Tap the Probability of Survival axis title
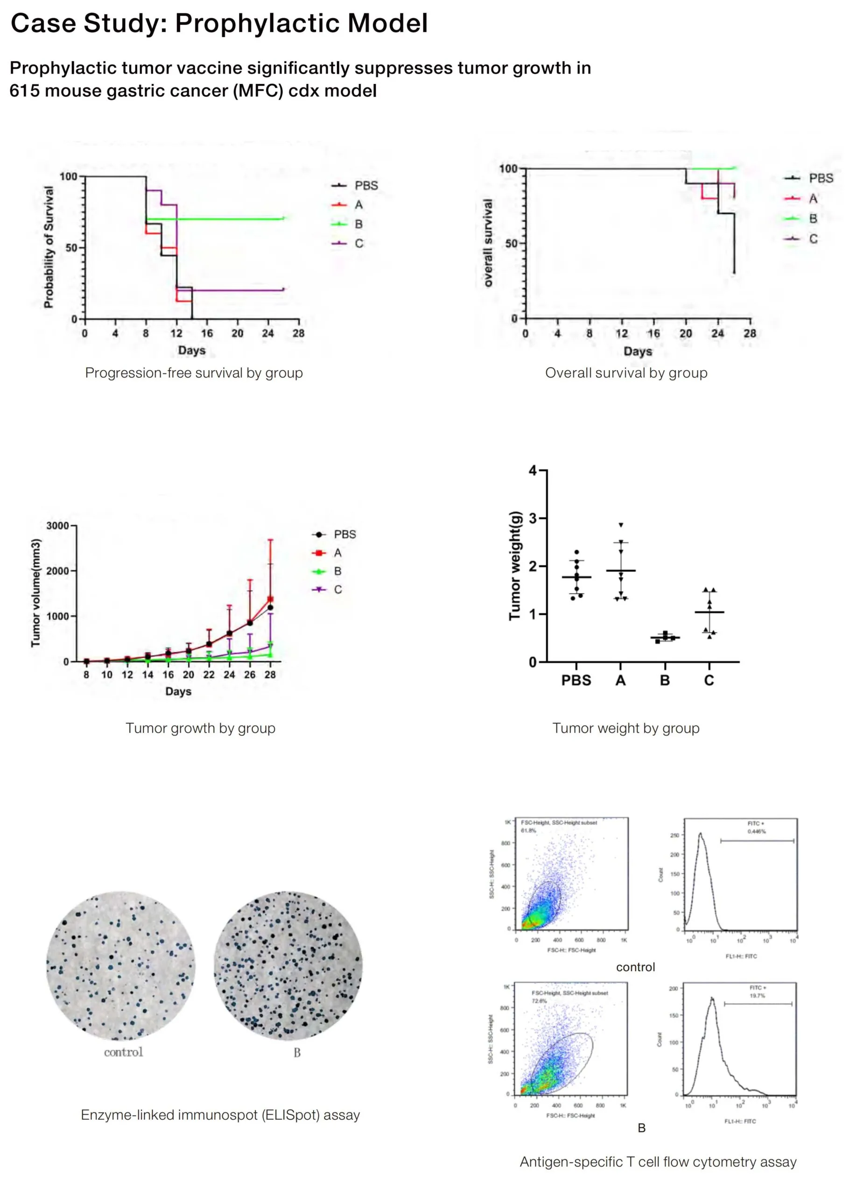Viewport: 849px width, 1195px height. [x=49, y=247]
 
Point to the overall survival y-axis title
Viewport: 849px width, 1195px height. [x=488, y=243]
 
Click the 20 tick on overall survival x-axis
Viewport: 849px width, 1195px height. [x=685, y=333]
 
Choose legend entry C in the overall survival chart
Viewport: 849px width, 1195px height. [x=813, y=239]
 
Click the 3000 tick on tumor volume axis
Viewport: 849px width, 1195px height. [x=57, y=526]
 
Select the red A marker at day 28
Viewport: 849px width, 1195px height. [x=270, y=599]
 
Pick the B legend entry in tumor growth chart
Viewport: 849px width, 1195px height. [x=337, y=571]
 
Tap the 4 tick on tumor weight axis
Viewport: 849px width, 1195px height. [x=533, y=471]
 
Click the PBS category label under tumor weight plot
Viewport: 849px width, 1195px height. [x=576, y=681]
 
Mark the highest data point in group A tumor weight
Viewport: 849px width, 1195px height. [x=621, y=525]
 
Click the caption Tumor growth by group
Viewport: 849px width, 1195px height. [x=200, y=728]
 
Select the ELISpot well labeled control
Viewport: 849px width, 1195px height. [x=121, y=967]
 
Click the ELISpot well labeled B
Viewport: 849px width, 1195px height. [x=288, y=967]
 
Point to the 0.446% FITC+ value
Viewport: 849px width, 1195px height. [x=757, y=831]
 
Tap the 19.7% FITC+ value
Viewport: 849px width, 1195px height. [x=757, y=995]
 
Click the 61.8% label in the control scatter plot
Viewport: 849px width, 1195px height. [x=528, y=830]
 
